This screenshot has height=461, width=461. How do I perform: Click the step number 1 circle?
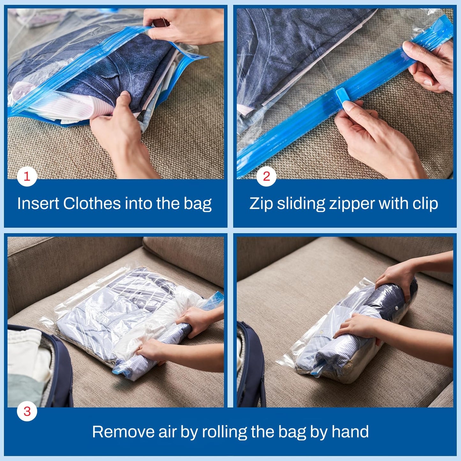27,176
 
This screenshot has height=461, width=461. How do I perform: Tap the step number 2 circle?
266,176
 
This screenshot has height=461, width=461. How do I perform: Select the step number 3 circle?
27,411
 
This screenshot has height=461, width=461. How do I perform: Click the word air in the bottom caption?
167,432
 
